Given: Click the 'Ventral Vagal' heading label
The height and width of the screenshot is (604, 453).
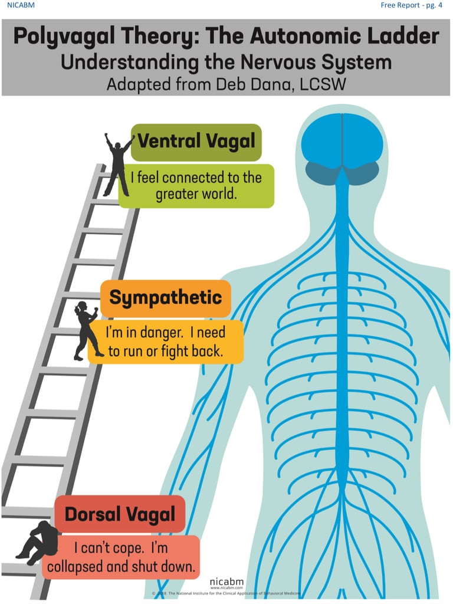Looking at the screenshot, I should (196, 142).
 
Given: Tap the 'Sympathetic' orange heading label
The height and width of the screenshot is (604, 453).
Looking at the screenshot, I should (166, 298).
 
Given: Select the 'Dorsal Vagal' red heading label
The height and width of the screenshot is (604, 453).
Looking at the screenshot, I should (120, 514).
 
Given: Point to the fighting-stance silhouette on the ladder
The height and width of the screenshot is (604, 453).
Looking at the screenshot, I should (86, 330).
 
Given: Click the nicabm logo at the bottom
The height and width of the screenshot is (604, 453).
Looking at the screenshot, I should (226, 581).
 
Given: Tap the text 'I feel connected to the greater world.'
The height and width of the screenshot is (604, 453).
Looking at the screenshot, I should (196, 186).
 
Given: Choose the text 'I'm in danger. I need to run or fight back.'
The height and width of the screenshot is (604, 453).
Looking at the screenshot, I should (165, 342).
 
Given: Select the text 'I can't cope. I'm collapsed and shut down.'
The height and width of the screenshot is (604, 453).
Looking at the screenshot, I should (122, 557).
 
